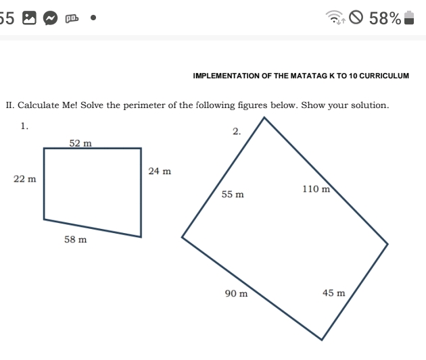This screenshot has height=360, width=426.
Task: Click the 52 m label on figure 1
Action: point(80,143)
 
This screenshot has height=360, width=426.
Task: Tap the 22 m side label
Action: point(24,179)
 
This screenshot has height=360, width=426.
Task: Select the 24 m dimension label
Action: point(160,172)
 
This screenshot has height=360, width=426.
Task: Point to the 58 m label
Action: point(75,240)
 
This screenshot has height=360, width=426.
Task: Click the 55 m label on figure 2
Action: point(233,195)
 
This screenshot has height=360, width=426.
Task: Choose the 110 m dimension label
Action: point(316,189)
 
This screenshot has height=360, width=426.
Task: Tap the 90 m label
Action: point(236,294)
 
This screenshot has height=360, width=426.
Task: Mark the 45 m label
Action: point(333,293)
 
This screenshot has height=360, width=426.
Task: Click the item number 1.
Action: point(24,126)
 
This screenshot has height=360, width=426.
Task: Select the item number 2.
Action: point(236,131)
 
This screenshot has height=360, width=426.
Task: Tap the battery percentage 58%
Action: point(385,18)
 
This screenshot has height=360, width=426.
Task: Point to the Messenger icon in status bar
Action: point(47,18)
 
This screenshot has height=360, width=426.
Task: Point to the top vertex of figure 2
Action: point(264,118)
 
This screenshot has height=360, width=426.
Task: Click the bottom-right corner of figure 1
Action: point(141,236)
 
